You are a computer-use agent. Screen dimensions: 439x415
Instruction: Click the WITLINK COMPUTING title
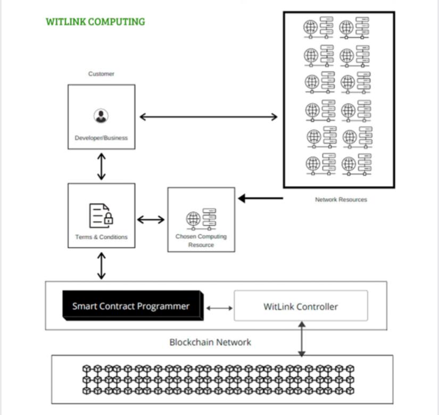click(95, 22)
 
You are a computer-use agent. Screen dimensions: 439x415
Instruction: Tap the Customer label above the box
click(101, 74)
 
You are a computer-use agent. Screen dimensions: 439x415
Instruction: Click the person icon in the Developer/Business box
click(101, 116)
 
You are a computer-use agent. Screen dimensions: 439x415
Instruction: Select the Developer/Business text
click(101, 138)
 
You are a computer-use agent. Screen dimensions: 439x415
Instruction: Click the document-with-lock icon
click(101, 216)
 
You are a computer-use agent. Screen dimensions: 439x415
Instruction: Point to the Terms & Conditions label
click(101, 237)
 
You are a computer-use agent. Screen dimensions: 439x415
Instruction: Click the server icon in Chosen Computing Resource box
click(201, 219)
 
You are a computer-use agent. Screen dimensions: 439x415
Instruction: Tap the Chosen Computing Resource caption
click(201, 241)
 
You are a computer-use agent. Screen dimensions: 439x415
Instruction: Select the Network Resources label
click(341, 200)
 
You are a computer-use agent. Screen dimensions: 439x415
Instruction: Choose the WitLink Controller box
click(301, 306)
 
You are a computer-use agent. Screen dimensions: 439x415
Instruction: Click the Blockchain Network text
click(210, 342)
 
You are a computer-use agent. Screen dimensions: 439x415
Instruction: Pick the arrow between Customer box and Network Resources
click(209, 117)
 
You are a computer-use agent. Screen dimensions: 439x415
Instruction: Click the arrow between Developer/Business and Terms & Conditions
click(101, 166)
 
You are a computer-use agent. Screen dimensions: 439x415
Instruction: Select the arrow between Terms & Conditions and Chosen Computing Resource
click(151, 219)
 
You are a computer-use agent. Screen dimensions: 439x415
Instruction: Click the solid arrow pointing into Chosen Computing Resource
click(260, 198)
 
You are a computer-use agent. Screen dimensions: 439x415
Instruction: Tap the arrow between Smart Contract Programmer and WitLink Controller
click(219, 308)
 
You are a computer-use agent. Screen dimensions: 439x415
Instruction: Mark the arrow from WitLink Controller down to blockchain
click(302, 339)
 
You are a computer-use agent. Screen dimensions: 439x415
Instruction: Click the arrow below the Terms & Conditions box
click(101, 266)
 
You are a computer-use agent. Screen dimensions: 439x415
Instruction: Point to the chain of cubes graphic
click(218, 379)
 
